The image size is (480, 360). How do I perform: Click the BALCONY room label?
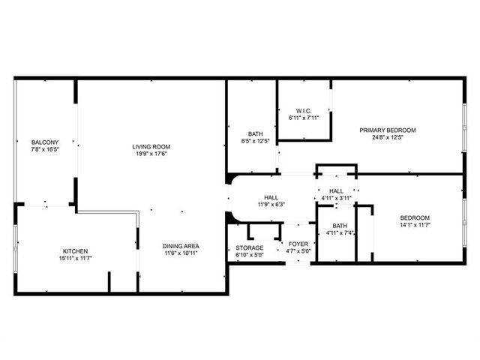click(45, 142)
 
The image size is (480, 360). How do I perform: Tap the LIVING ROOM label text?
click(151, 147)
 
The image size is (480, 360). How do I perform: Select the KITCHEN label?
click(75, 251)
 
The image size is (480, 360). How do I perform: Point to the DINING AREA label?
click(181, 246)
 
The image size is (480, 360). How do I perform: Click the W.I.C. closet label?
click(304, 111)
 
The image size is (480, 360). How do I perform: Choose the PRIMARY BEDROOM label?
click(388, 130)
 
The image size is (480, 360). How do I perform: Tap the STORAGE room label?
click(250, 247)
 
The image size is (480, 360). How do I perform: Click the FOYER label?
click(298, 244)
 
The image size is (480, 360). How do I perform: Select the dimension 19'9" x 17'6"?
click(151, 154)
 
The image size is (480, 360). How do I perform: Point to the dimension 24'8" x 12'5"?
click(388, 137)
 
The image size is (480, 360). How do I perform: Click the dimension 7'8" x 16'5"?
click(45, 149)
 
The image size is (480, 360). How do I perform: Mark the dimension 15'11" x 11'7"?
click(75, 258)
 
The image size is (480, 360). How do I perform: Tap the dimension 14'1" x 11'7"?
click(415, 225)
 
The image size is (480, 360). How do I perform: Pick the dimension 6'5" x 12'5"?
click(255, 141)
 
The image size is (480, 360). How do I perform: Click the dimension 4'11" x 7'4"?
click(340, 232)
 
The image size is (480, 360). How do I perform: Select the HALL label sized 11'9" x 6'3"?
click(271, 197)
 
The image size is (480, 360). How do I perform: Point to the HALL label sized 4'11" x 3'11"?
click(336, 191)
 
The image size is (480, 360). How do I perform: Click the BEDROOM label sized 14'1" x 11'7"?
click(415, 218)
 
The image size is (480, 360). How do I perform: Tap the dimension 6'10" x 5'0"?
click(250, 255)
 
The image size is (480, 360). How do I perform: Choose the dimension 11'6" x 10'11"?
click(181, 253)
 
